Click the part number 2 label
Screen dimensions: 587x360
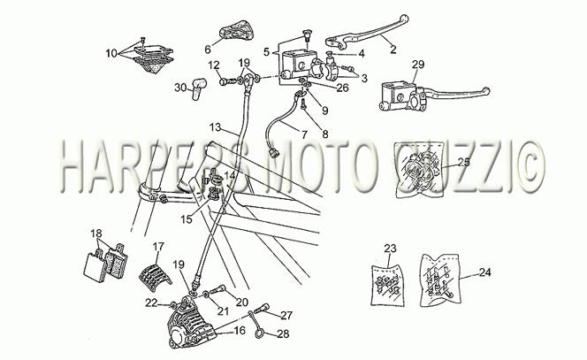click(x=393, y=49)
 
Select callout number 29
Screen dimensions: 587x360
click(x=418, y=65)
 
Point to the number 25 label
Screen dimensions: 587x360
click(x=464, y=162)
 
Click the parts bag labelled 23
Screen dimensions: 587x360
click(x=388, y=286)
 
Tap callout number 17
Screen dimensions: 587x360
click(x=158, y=247)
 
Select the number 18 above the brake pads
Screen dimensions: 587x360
click(x=96, y=234)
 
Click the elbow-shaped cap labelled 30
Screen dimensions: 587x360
click(x=199, y=89)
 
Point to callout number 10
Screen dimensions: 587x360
click(x=111, y=53)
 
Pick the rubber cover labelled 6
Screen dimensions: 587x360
click(x=236, y=31)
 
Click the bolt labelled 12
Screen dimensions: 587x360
click(x=228, y=80)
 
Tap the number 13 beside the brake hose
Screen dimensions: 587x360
click(x=216, y=127)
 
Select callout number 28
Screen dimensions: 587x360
click(x=284, y=333)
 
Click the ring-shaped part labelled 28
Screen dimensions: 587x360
click(x=259, y=333)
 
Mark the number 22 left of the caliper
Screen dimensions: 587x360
click(x=152, y=303)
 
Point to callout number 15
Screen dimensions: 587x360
click(x=186, y=219)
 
